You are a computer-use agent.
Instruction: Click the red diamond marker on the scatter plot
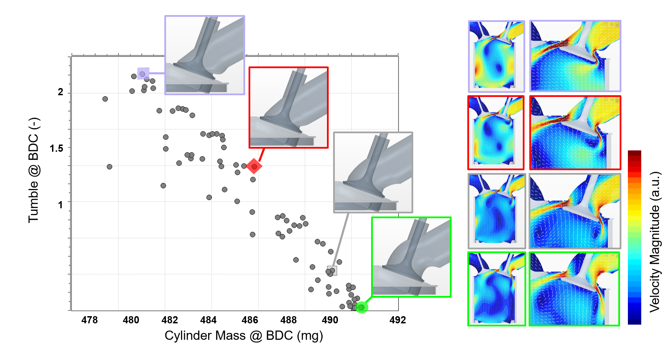(x=254, y=166)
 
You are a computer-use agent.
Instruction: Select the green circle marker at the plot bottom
(x=362, y=307)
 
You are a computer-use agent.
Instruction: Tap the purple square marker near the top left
(x=143, y=73)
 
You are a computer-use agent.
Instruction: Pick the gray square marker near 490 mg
(x=332, y=271)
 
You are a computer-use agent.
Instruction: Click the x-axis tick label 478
(x=89, y=320)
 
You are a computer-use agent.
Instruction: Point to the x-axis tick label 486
(x=250, y=320)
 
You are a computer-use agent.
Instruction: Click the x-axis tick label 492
(x=397, y=320)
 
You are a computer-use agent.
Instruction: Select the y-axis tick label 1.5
(x=56, y=149)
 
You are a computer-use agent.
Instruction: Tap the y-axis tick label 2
(x=61, y=92)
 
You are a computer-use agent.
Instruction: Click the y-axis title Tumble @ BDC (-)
(x=34, y=170)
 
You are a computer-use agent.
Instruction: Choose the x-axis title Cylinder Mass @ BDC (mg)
(x=244, y=336)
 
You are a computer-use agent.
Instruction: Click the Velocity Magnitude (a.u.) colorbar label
(x=655, y=242)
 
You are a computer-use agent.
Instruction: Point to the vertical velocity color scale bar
(x=634, y=237)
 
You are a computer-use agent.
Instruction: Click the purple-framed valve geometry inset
(x=205, y=55)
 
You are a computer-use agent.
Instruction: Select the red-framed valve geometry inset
(x=288, y=108)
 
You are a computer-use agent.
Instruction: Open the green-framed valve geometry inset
(x=411, y=257)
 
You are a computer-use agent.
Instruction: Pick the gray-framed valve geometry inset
(x=373, y=172)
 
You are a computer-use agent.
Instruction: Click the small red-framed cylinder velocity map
(x=496, y=133)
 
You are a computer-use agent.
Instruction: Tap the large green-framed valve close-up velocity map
(x=574, y=289)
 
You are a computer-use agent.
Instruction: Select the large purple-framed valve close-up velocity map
(x=575, y=56)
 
